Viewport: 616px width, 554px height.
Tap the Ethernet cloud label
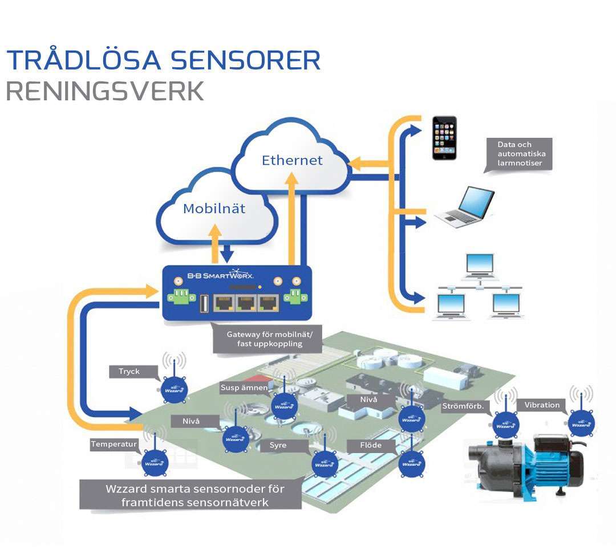(292, 160)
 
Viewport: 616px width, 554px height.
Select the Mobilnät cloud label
(214, 209)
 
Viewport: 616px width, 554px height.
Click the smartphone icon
(444, 138)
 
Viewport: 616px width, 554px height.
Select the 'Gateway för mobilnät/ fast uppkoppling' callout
(266, 339)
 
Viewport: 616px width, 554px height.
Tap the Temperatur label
(114, 443)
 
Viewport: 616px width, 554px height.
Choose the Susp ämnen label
(244, 388)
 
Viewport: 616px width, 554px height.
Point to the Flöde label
(370, 445)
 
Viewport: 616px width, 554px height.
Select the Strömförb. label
(463, 406)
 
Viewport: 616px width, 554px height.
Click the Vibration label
(541, 405)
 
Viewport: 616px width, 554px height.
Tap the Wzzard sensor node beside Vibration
(582, 422)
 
